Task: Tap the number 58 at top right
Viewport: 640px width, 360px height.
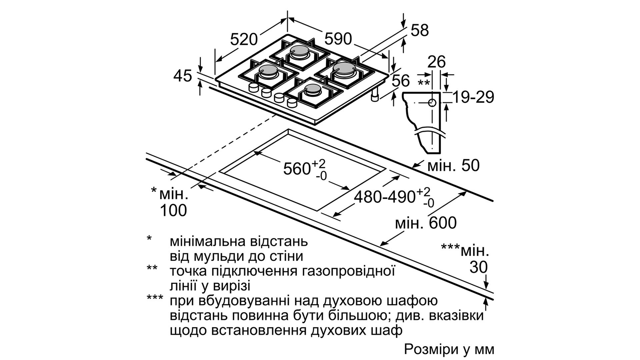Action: [x=419, y=30]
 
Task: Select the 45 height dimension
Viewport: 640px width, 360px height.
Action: [x=183, y=76]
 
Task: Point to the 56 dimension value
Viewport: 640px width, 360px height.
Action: [x=400, y=81]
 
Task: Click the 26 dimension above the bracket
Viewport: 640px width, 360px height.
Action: [x=436, y=62]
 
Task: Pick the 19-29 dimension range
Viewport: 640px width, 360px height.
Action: [x=473, y=97]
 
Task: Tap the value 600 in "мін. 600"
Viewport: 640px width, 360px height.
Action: [x=443, y=223]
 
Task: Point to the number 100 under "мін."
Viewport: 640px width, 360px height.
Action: [x=173, y=210]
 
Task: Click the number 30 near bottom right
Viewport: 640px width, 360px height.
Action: [x=479, y=267]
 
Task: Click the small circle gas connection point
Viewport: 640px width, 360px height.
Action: [x=432, y=103]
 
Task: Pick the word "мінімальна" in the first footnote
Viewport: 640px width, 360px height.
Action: [x=208, y=241]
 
